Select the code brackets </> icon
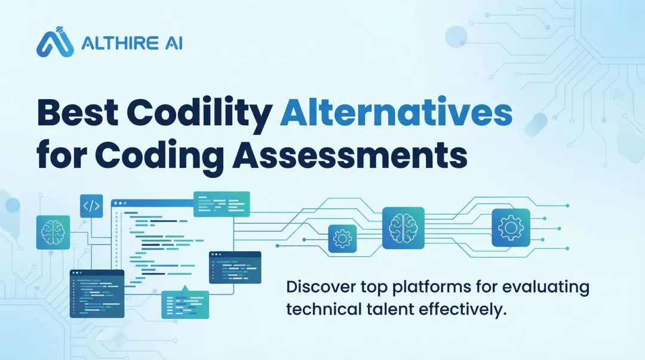coord(91,206)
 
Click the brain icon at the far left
coord(53,232)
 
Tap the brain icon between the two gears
coord(403,227)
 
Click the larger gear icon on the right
coord(511,227)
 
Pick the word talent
coord(389,310)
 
